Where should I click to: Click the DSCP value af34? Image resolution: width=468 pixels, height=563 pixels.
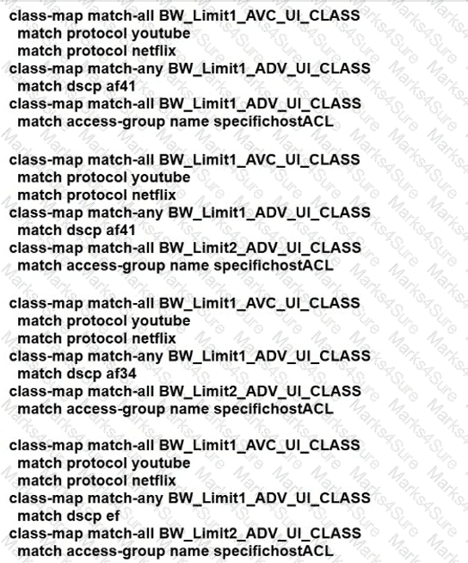[121, 374]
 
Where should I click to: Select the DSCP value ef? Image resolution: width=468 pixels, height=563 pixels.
[113, 516]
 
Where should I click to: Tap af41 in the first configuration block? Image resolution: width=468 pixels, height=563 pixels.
[121, 86]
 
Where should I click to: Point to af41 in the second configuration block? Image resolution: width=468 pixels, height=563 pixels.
[121, 230]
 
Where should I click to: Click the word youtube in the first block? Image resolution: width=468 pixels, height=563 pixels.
[160, 34]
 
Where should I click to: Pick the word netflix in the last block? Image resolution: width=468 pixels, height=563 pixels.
[154, 480]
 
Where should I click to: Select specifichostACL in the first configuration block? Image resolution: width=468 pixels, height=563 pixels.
[274, 121]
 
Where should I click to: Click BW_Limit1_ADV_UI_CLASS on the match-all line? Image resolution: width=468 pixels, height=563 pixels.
[260, 104]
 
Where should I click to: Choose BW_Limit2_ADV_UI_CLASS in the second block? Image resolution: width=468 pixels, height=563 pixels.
[260, 248]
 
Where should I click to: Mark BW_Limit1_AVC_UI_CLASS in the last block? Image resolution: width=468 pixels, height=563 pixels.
[259, 445]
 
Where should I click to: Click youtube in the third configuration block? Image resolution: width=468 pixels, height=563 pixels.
[160, 320]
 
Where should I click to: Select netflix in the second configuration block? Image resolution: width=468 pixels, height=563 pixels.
[154, 195]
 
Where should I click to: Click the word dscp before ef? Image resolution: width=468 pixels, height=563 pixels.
[84, 516]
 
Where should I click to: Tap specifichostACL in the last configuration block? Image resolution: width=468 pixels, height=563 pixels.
[274, 551]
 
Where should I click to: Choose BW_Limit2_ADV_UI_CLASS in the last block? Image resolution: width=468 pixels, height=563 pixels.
[260, 533]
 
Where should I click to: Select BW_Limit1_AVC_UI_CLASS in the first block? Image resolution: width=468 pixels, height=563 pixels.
[259, 15]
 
